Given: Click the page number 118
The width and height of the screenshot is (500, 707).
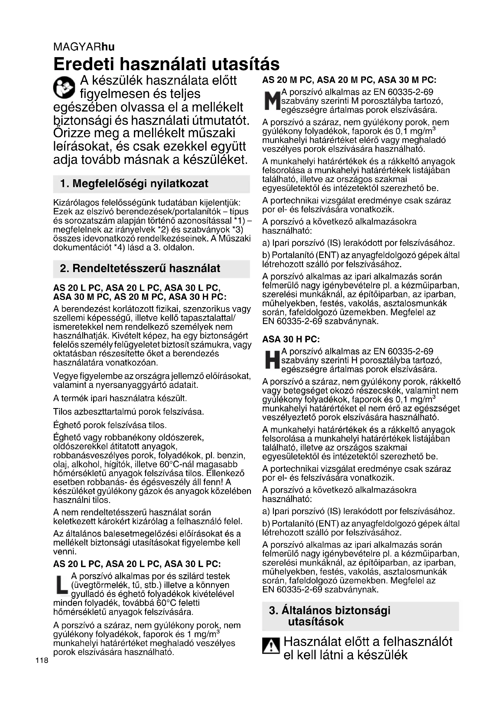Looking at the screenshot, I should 42,660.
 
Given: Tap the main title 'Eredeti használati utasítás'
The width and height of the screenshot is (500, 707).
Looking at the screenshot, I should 166,64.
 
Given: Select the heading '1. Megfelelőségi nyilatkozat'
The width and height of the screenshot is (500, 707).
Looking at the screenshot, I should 134,184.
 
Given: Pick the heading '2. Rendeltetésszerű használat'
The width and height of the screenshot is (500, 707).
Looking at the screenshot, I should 140,268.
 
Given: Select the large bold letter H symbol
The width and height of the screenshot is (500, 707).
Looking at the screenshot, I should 271,360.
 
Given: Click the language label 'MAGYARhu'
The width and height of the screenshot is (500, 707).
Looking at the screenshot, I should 84,47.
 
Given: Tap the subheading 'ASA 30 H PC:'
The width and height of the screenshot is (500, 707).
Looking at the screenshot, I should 291,339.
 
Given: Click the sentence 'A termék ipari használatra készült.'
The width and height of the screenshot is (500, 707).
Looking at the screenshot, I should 120,398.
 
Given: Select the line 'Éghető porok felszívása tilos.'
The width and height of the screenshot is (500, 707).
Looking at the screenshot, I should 110,425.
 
